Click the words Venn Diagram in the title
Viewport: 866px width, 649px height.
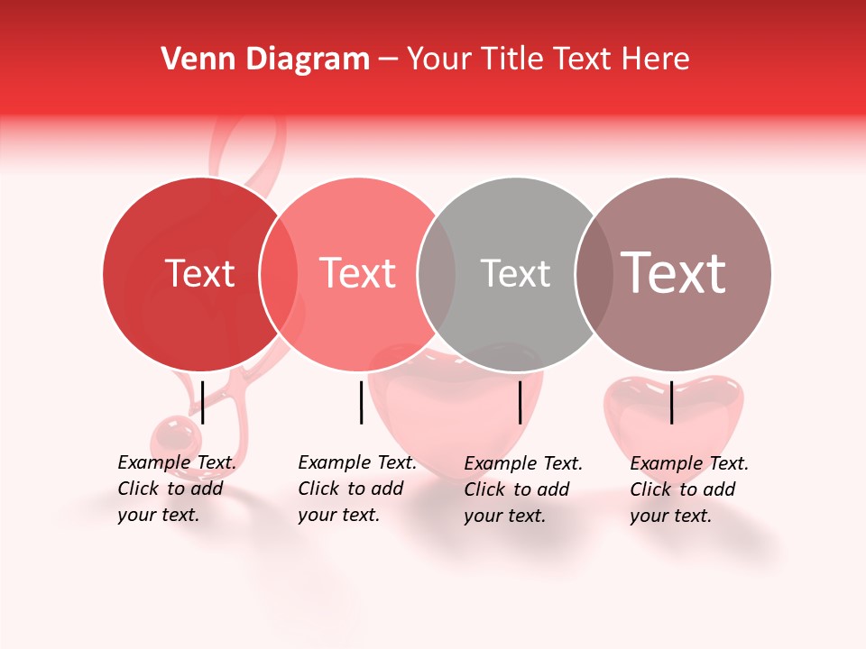[x=265, y=59]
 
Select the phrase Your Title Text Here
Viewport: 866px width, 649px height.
[x=548, y=59]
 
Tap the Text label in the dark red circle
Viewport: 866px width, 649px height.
[x=199, y=273]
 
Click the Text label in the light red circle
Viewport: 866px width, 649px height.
[x=357, y=273]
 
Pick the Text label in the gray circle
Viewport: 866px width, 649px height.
[x=515, y=273]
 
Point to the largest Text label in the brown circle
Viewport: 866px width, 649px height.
[x=674, y=273]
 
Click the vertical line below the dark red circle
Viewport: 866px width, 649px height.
[x=202, y=402]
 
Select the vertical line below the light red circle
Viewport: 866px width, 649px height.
[x=361, y=402]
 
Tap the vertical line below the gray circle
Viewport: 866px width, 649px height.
[x=520, y=402]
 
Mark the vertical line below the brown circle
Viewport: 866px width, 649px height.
[x=671, y=402]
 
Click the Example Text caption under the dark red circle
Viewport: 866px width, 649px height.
[x=176, y=489]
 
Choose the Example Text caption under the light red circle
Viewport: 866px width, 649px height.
[x=356, y=489]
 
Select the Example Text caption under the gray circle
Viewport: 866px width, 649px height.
[x=523, y=489]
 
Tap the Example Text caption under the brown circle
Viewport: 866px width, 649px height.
[x=688, y=489]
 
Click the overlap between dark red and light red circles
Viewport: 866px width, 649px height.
[x=279, y=273]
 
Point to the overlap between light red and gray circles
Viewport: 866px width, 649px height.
[x=437, y=273]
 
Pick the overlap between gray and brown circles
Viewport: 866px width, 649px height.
[x=594, y=273]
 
